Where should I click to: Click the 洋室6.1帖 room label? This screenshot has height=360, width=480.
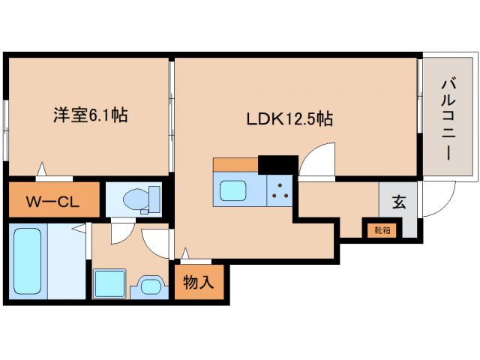pos(89,115)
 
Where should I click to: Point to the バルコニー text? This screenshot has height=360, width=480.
pos(446,118)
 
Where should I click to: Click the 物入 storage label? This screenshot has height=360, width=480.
pos(199,283)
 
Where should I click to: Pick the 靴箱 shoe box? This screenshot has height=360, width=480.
pos(382,229)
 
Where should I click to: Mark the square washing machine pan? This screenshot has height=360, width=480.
pos(109,284)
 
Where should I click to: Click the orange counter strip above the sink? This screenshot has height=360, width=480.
pos(235,165)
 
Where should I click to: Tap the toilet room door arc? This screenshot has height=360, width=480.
pos(120,231)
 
